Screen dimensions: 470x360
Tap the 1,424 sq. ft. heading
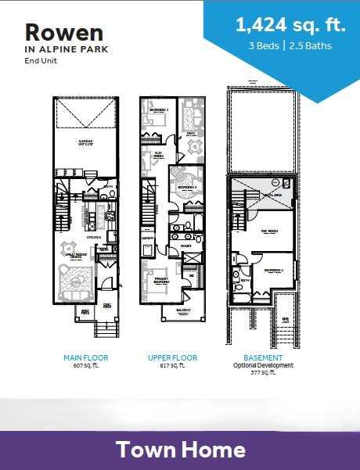click(290, 25)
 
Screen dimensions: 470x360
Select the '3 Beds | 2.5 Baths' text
click(290, 45)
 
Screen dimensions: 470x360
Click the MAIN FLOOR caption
click(85, 357)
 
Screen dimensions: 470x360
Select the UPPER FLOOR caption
click(172, 357)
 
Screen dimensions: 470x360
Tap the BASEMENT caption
click(263, 357)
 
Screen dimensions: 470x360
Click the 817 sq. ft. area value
click(172, 365)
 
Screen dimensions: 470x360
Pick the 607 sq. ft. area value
click(85, 365)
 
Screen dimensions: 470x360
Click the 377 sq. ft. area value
click(263, 373)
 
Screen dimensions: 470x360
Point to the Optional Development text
click(263, 365)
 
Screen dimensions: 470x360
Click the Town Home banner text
click(181, 450)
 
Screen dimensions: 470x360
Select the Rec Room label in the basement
click(271, 232)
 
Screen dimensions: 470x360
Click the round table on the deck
click(191, 148)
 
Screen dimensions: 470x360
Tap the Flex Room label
click(157, 155)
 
